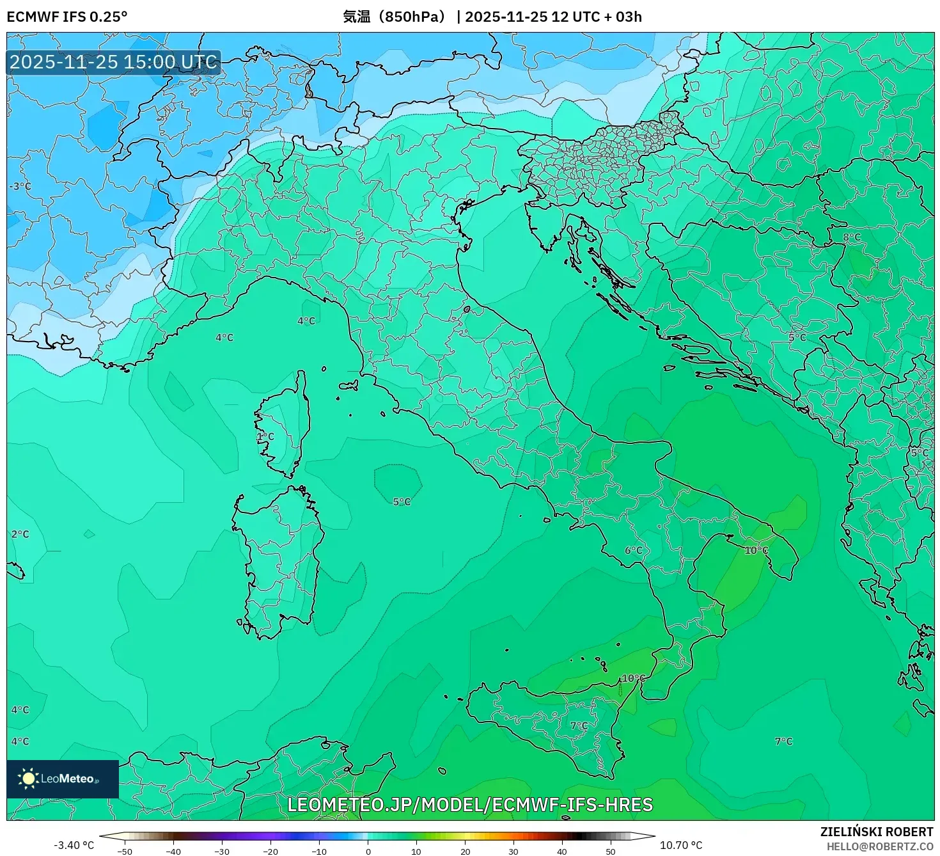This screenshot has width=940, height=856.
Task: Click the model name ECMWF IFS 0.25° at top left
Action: point(67,17)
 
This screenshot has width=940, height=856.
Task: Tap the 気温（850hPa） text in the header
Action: point(395,17)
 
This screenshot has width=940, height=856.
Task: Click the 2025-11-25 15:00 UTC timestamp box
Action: point(113,62)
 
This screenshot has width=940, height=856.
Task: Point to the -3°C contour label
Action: point(20,186)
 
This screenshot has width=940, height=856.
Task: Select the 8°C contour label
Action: point(852,237)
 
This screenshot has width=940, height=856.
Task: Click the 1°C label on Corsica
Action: point(265,436)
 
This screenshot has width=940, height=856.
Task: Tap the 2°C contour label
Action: point(20,534)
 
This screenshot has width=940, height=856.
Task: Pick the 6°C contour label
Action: point(634,550)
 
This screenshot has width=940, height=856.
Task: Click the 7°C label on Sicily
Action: point(579,725)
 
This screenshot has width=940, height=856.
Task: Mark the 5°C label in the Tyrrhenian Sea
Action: point(402,502)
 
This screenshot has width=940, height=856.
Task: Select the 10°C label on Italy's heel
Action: point(756,550)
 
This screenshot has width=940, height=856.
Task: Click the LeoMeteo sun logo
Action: point(28,779)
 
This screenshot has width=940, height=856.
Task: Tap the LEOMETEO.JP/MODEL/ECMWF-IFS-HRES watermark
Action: point(470,805)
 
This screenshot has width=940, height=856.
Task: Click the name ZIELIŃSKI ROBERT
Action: point(877,832)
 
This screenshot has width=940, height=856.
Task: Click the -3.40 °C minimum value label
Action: point(74,845)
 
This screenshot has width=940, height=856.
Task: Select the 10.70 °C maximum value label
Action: point(681,845)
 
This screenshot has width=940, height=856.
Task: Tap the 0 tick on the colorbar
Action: point(368,852)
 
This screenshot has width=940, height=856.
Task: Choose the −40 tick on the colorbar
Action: point(173,852)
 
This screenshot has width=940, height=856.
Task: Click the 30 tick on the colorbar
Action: point(513,852)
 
